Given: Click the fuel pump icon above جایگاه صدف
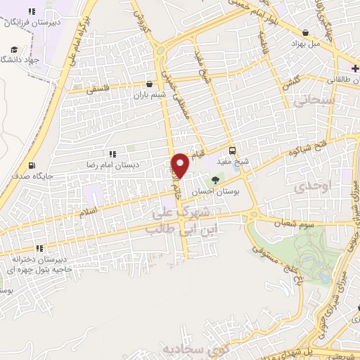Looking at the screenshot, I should click(31, 166).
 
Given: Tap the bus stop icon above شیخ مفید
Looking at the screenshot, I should click(233, 150).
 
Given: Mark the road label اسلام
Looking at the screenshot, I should click(91, 211).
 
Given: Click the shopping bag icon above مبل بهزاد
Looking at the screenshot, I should click(305, 32).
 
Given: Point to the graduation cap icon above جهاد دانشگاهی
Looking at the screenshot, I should click(13, 49).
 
